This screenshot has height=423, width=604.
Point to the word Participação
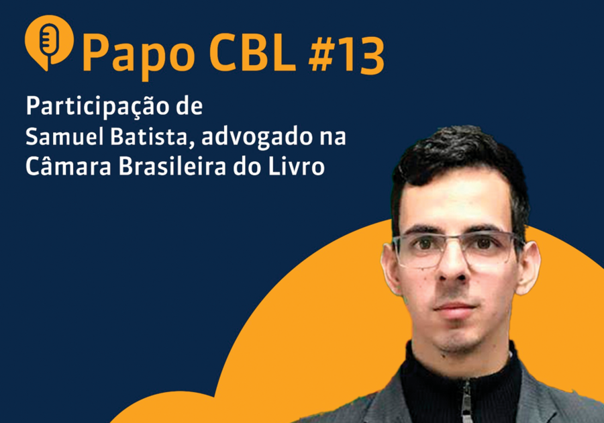(x=97, y=107)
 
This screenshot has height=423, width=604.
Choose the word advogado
(x=256, y=138)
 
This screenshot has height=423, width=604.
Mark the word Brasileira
(x=172, y=167)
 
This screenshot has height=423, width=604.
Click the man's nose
(x=454, y=266)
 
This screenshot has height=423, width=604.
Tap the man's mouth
(x=454, y=308)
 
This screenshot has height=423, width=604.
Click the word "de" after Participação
(x=189, y=106)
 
